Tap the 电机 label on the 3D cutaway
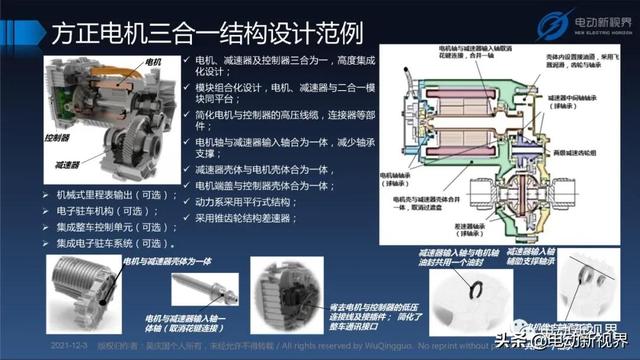[154, 62]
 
